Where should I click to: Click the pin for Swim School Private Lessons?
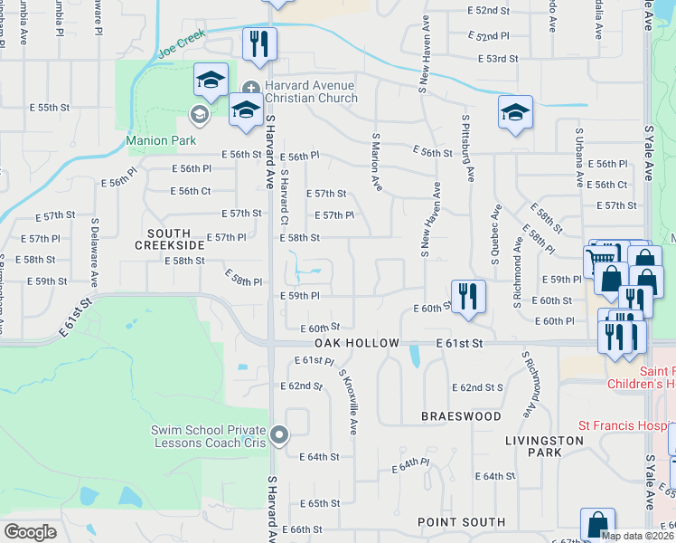click(x=280, y=435)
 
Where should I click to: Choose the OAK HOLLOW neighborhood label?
click(x=356, y=344)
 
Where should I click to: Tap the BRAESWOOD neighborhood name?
click(x=461, y=416)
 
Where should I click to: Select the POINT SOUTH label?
click(x=461, y=522)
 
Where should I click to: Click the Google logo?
click(x=30, y=531)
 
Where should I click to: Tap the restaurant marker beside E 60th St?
click(x=468, y=295)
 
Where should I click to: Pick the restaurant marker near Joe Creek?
click(x=259, y=43)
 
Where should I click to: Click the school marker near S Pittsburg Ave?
click(x=515, y=111)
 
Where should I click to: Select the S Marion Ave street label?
click(x=376, y=162)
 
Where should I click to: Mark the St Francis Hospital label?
click(x=626, y=426)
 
